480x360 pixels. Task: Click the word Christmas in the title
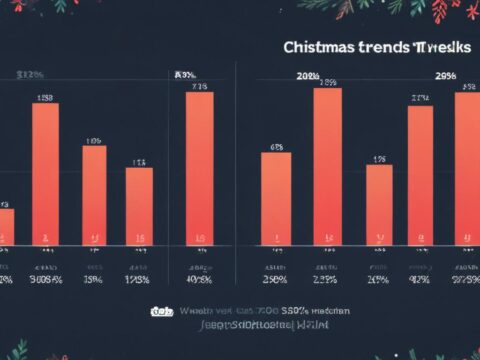pos(318,47)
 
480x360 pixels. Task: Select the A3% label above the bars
pos(186,74)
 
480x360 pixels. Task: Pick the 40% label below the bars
pos(198,281)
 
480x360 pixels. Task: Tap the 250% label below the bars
pos(275,281)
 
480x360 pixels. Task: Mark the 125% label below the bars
pos(138,281)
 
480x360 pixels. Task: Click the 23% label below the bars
pos(326,281)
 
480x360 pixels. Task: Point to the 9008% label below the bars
pos(45,281)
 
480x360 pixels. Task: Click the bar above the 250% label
pos(276,198)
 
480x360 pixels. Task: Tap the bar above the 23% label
pos(327,166)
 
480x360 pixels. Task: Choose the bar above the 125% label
pos(139,205)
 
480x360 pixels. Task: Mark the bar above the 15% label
pos(94,195)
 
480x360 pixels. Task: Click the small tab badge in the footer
pos(159,312)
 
